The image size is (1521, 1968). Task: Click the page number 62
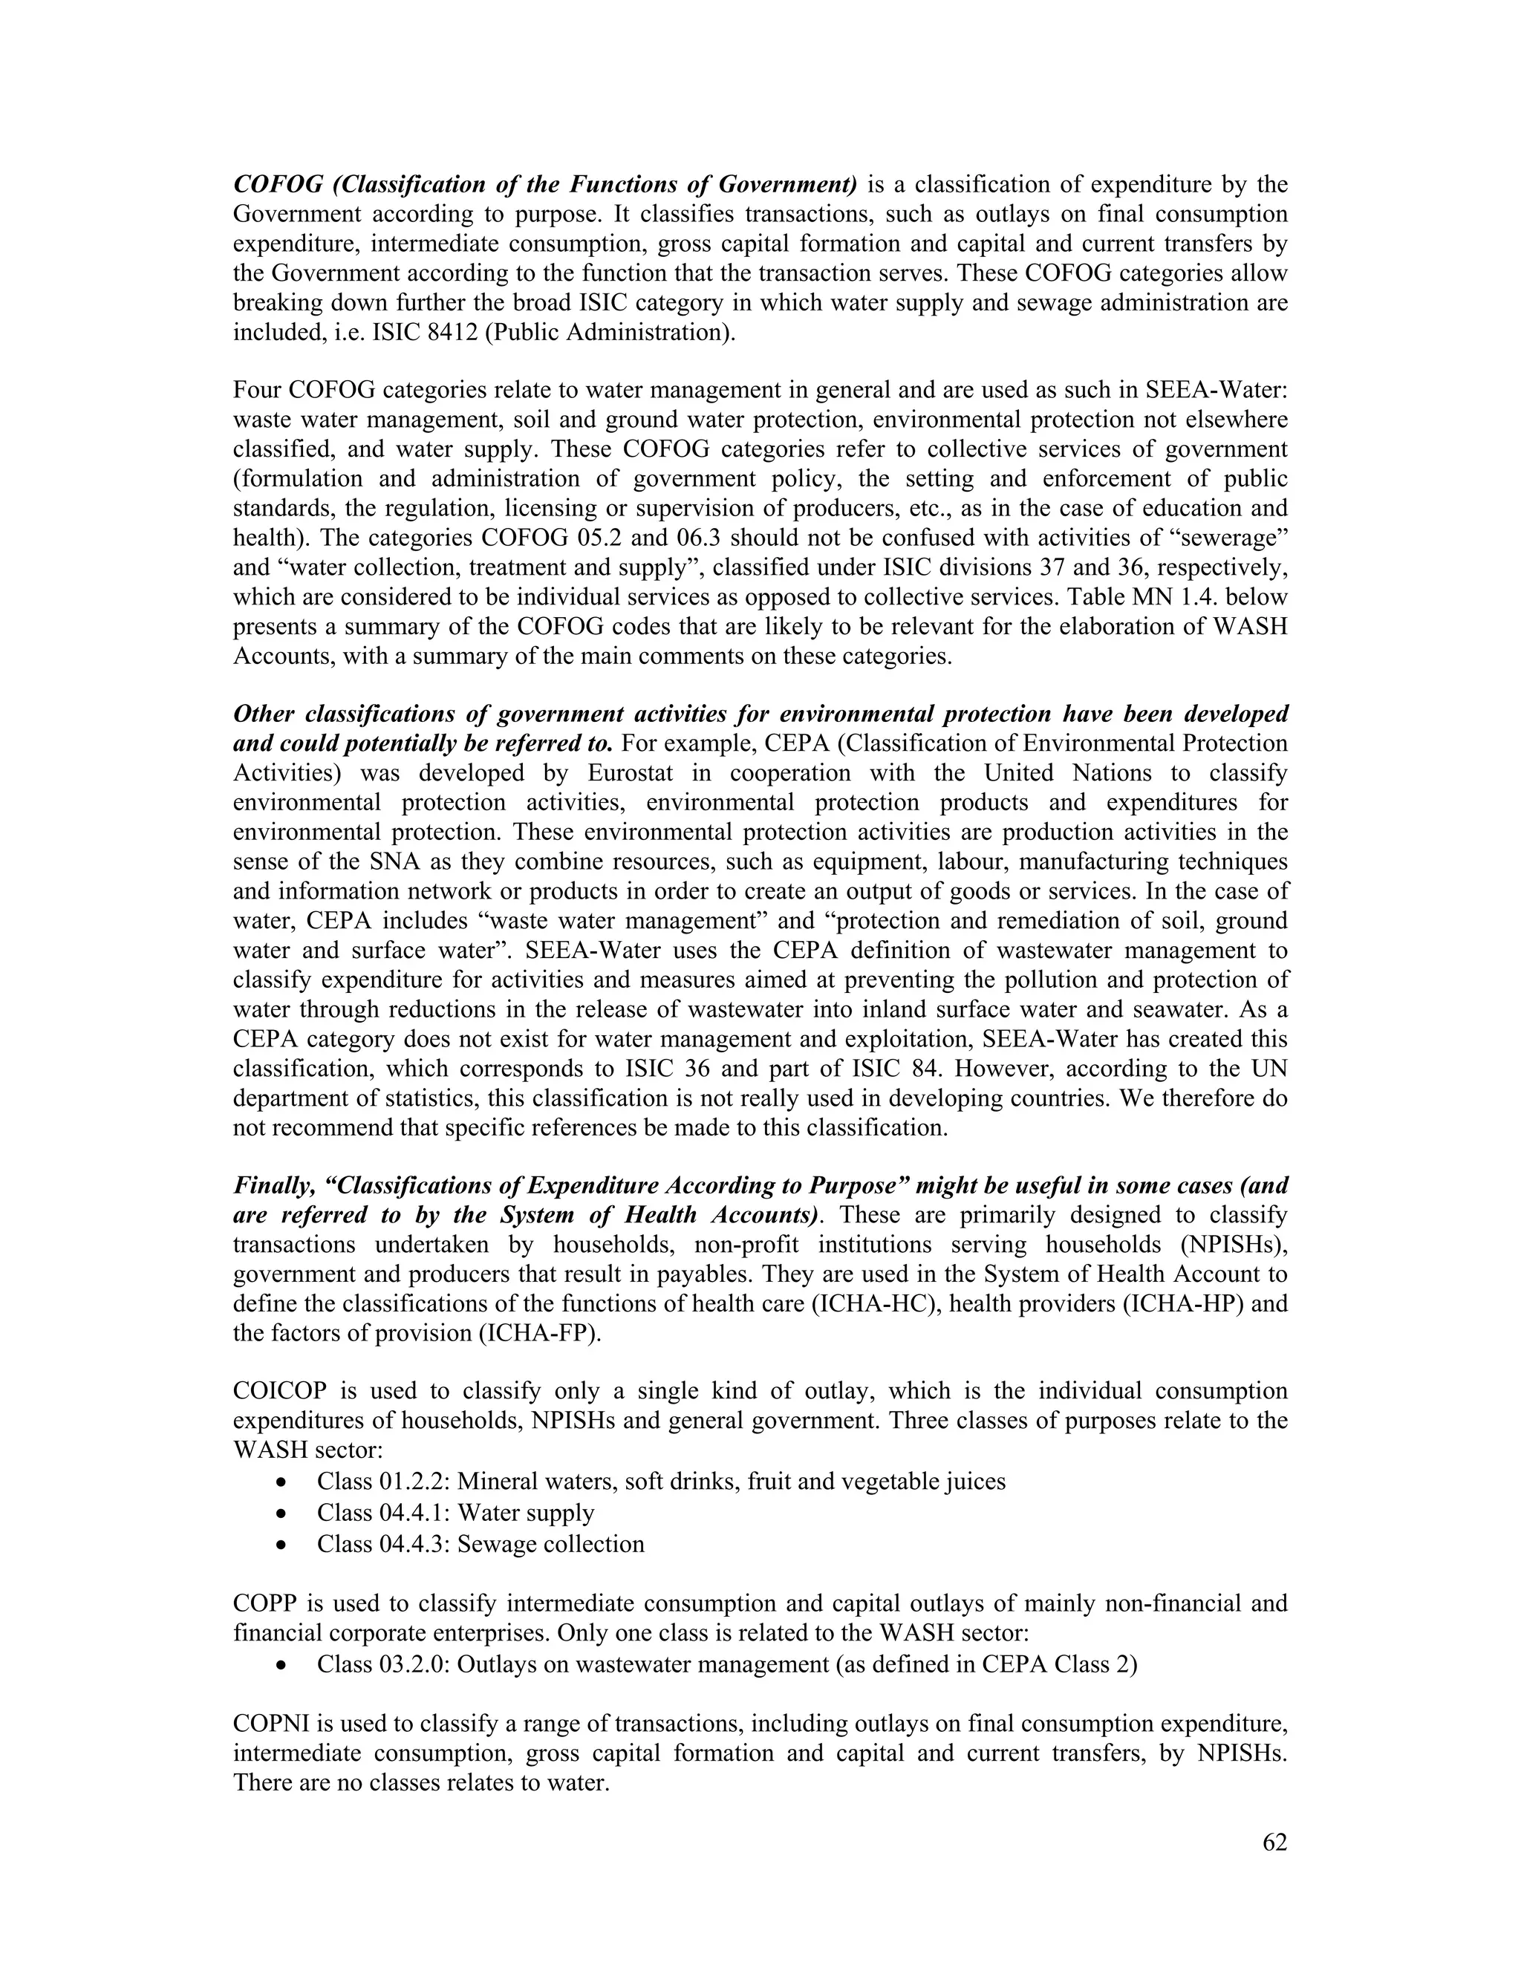[1274, 1842]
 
